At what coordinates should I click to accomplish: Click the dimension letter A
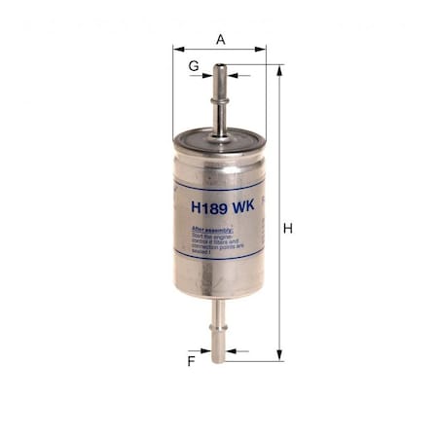pos(221,39)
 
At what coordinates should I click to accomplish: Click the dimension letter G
pos(194,64)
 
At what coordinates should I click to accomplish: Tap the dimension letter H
pos(288,228)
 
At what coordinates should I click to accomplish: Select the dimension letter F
pos(192,361)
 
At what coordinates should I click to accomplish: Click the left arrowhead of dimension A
pos(177,47)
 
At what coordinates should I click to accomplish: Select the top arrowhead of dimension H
pos(279,69)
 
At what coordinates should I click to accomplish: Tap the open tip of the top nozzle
pos(219,67)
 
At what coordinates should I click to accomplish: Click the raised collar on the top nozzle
pos(219,93)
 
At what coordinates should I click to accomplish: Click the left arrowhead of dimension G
pos(208,75)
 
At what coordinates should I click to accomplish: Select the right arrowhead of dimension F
pos(230,350)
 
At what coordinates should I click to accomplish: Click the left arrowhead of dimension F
pos(206,350)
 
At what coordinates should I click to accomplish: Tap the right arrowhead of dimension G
pos(231,75)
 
